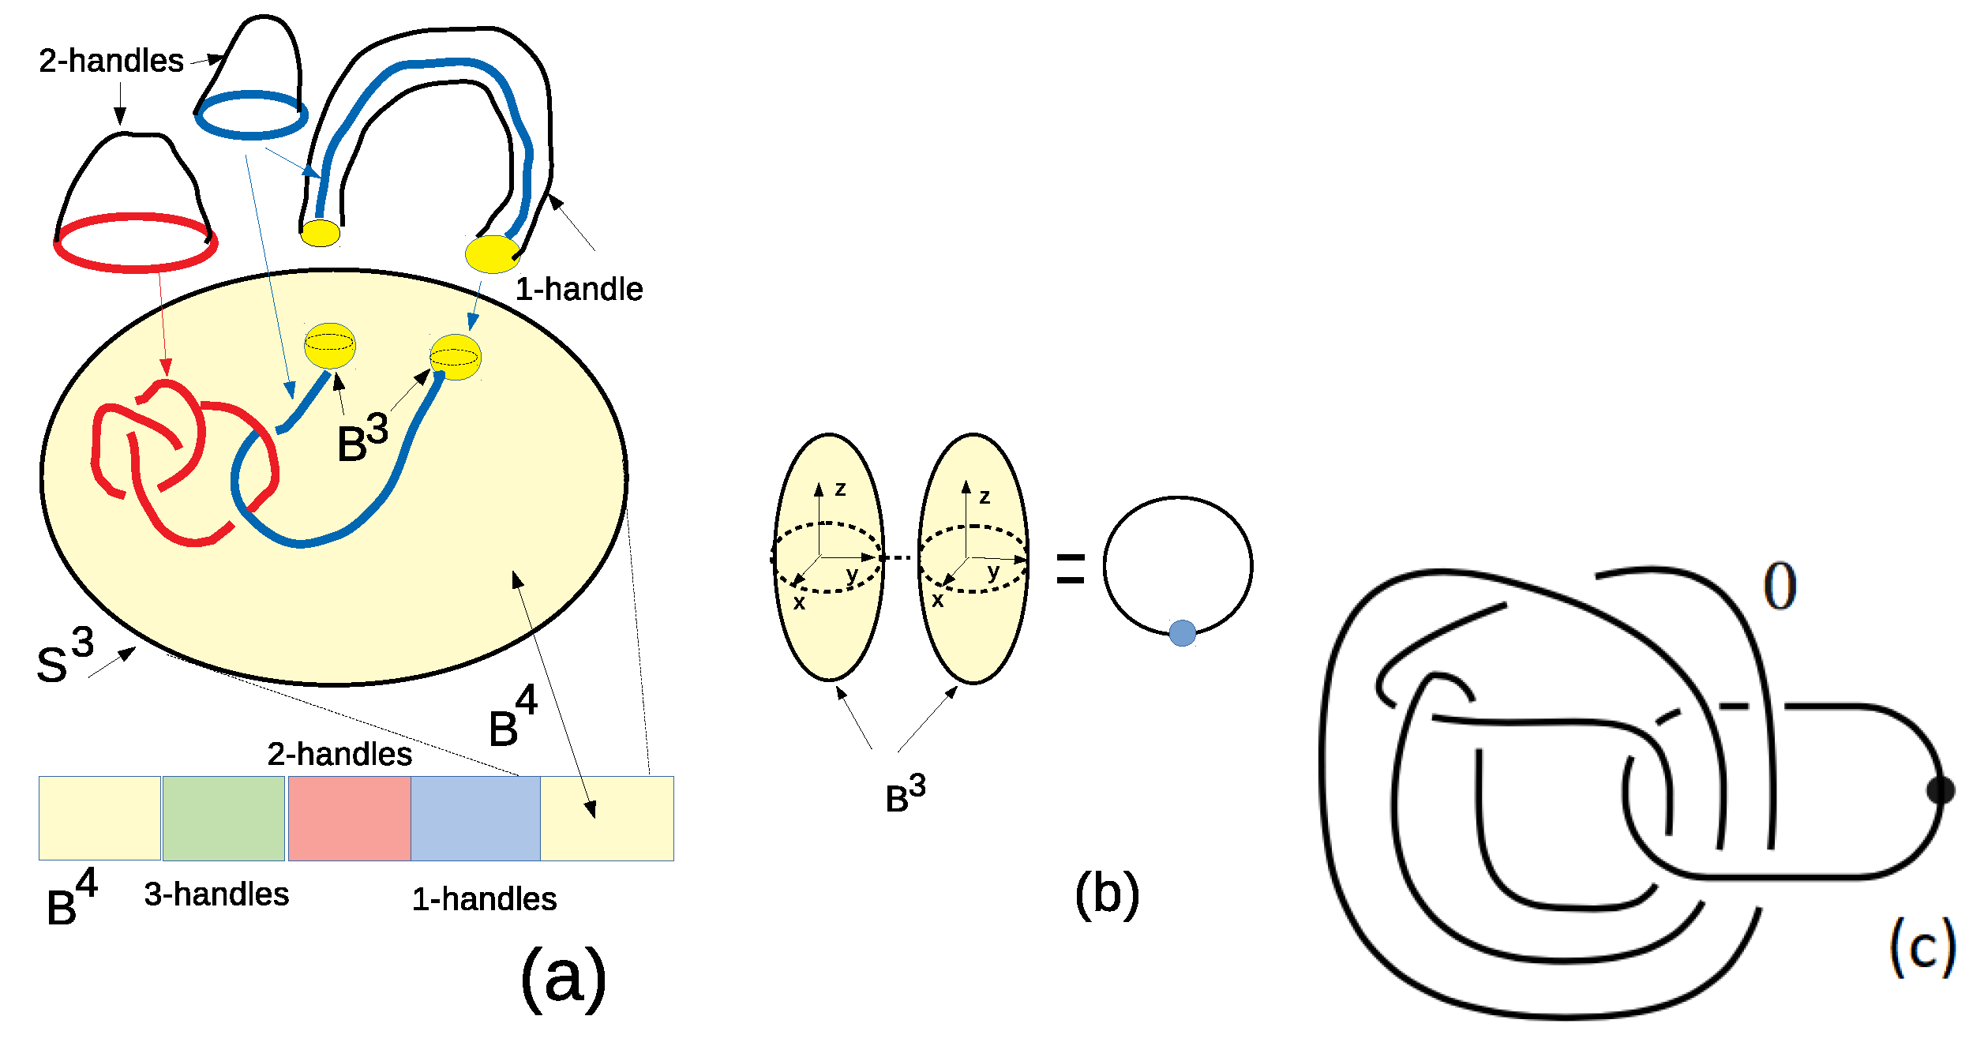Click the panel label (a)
click(564, 977)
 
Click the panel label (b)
click(1107, 894)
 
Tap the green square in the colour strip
click(223, 818)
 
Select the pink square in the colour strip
click(349, 818)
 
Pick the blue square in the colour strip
click(475, 818)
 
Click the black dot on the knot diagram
click(1940, 790)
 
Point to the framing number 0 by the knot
click(1780, 587)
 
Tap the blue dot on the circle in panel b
click(1182, 633)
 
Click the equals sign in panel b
click(1071, 568)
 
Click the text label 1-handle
click(579, 290)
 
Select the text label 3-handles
click(216, 894)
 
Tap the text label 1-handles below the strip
click(484, 899)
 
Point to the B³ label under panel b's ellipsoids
click(905, 794)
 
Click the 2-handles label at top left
click(111, 61)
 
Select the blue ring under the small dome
click(251, 116)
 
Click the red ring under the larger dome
click(136, 243)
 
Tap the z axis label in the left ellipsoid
click(840, 489)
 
